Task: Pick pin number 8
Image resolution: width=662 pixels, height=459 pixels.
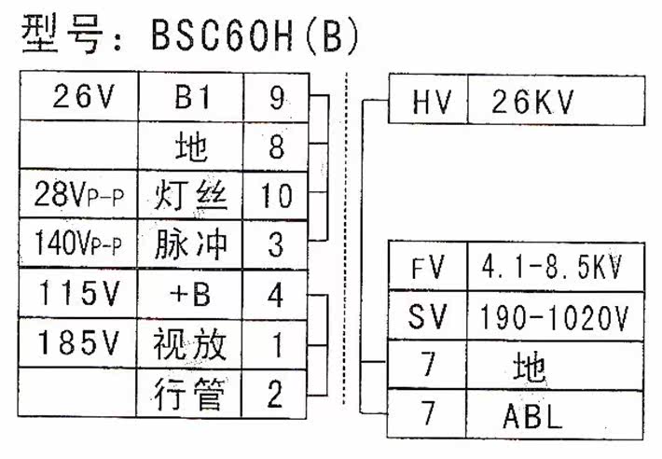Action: [x=275, y=146]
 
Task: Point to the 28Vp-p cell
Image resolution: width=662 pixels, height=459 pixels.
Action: [x=78, y=196]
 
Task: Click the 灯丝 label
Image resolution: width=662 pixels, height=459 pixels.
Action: [x=191, y=196]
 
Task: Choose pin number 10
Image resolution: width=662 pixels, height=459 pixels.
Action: [x=275, y=196]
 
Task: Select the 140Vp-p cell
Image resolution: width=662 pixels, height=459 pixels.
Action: [x=78, y=244]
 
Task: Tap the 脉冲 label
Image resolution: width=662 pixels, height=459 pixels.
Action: [x=191, y=244]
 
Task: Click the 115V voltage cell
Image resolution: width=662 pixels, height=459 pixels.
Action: [x=78, y=295]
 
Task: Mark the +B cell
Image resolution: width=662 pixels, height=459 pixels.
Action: [x=191, y=295]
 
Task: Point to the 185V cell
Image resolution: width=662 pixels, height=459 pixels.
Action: [x=78, y=344]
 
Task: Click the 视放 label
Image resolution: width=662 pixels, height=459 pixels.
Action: [x=191, y=344]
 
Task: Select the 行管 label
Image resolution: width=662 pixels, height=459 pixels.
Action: [x=191, y=395]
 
